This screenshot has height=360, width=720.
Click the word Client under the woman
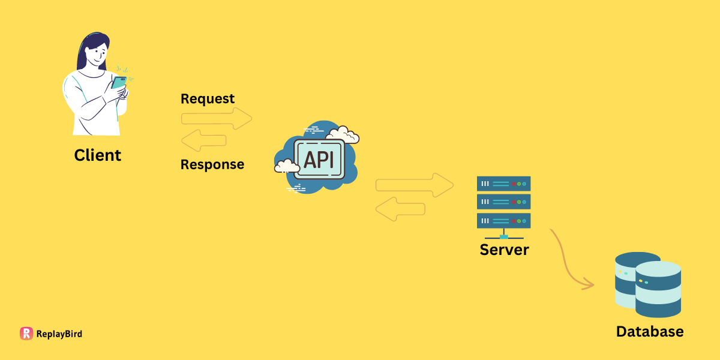pyautogui.click(x=98, y=155)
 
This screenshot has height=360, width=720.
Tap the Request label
pyautogui.click(x=208, y=99)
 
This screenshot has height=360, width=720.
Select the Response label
pyautogui.click(x=212, y=164)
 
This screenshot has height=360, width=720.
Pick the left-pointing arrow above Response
pyautogui.click(x=203, y=142)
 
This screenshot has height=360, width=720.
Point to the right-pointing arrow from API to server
pyautogui.click(x=415, y=185)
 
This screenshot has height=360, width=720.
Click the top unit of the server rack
pyautogui.click(x=503, y=183)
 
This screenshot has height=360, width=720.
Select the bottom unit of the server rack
pyautogui.click(x=503, y=220)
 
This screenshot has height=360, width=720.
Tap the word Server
pyautogui.click(x=504, y=249)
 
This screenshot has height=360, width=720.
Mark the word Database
pyautogui.click(x=650, y=331)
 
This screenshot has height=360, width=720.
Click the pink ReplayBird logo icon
pyautogui.click(x=26, y=334)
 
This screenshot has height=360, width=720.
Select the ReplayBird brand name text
pyautogui.click(x=59, y=334)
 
